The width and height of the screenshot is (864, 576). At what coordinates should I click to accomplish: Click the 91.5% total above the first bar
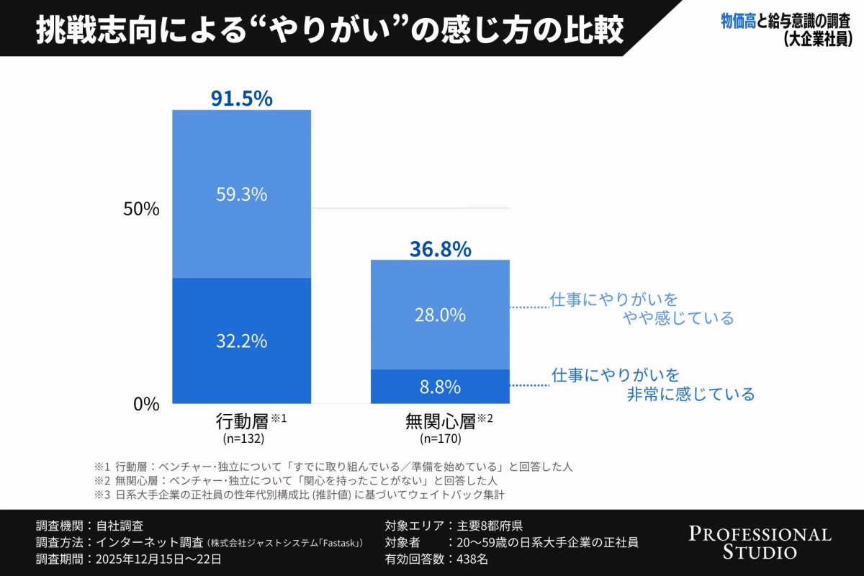(x=241, y=98)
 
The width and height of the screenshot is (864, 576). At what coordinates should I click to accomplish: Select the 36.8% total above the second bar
(x=440, y=249)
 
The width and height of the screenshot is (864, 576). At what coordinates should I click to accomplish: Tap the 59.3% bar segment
(x=241, y=194)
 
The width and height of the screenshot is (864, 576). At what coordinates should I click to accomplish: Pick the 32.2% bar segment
(x=241, y=341)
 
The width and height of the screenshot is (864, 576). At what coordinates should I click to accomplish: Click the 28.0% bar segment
(x=440, y=315)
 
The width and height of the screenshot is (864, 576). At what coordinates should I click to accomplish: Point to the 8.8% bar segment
(x=440, y=387)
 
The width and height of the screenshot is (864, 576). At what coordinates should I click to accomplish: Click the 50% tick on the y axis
(x=141, y=209)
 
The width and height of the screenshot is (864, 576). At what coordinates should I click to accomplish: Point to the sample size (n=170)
(x=440, y=438)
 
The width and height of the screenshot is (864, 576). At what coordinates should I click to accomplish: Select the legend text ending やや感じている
(x=641, y=308)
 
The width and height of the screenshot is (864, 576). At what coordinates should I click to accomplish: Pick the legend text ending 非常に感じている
(x=652, y=384)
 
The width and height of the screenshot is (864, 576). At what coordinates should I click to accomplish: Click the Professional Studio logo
(x=760, y=543)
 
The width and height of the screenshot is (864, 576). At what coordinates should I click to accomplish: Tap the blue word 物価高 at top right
(x=738, y=22)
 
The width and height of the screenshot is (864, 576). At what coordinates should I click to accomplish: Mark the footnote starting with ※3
(x=302, y=495)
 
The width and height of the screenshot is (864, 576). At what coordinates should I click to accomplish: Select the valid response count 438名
(x=470, y=559)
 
